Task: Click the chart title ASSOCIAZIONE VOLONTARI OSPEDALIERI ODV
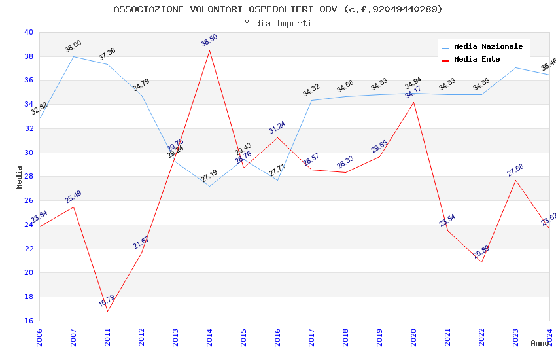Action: coord(277,9)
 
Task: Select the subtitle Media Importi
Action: coord(277,23)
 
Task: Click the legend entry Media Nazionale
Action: coord(488,47)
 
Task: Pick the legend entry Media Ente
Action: coord(477,60)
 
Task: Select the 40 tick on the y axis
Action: coord(28,32)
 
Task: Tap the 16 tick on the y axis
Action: coord(28,321)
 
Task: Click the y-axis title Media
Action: coord(20,177)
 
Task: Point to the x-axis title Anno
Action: coord(540,343)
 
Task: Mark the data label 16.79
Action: coord(107,301)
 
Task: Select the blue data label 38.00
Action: coord(73,46)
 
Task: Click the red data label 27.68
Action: coord(515,170)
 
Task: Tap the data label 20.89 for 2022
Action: coord(481,252)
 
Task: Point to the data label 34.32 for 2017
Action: coord(311,90)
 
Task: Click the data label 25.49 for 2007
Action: coord(73,197)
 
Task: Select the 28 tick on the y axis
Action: coord(28,177)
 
